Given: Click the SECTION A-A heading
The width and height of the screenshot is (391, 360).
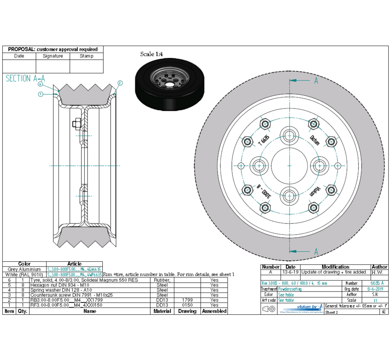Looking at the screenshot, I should (x=25, y=79).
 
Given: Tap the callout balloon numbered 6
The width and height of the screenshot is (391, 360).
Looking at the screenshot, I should (x=40, y=83).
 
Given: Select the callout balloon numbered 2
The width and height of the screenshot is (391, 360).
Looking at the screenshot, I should (x=120, y=83).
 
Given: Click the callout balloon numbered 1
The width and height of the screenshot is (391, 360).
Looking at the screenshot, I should (x=40, y=94).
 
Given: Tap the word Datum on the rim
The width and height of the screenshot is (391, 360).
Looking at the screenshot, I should (x=315, y=140).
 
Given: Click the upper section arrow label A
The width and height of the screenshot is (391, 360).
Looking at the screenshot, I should (x=316, y=81).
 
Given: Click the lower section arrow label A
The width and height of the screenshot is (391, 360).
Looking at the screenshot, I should (x=316, y=252).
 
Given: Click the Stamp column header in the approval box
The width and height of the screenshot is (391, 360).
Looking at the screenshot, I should (x=87, y=56).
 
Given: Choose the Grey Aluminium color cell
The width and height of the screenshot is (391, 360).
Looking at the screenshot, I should (x=24, y=269).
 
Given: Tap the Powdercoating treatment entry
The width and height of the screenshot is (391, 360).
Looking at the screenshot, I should (x=293, y=289).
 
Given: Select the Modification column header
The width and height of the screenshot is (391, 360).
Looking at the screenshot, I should (x=335, y=267).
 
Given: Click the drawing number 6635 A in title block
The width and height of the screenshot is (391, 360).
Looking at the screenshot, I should (x=377, y=283).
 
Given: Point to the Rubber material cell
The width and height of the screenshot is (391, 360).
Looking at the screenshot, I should (x=162, y=280).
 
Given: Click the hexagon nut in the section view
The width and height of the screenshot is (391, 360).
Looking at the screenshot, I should (x=76, y=124).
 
